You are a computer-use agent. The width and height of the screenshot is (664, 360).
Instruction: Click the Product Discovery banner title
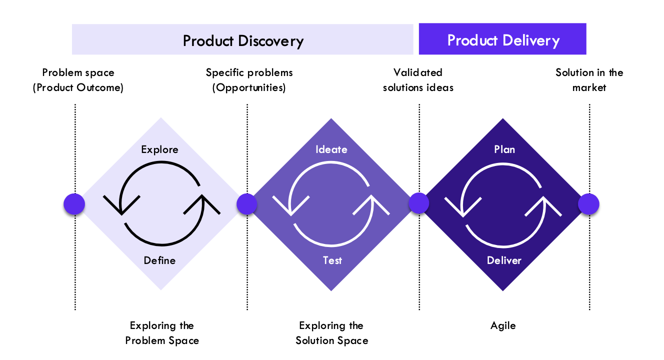[x=243, y=41]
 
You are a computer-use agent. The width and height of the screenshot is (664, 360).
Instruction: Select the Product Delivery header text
[x=503, y=40]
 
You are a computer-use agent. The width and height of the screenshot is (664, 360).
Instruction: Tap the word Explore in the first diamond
[x=159, y=149]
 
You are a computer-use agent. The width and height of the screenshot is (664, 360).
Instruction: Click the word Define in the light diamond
[x=159, y=260]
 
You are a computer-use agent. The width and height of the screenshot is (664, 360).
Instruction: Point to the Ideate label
[x=331, y=149]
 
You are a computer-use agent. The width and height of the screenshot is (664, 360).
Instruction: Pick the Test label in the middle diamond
[x=332, y=260]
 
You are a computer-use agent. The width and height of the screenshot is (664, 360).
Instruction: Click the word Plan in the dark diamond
[x=504, y=149]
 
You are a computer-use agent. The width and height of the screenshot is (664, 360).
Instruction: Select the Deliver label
[x=504, y=260]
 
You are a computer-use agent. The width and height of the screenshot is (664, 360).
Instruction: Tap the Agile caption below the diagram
[x=503, y=325]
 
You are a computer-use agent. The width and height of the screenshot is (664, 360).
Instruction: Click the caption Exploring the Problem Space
[x=162, y=333]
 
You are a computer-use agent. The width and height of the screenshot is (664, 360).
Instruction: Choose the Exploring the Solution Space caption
[x=331, y=333]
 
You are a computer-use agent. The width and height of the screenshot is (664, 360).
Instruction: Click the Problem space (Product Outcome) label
[x=78, y=80]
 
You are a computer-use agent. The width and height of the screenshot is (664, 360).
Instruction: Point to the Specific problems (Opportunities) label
[x=249, y=80]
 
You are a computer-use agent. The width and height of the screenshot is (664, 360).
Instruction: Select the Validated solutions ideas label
[x=418, y=80]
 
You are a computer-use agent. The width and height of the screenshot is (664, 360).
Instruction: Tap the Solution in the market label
[x=589, y=80]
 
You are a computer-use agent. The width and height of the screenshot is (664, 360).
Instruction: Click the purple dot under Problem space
[x=74, y=204]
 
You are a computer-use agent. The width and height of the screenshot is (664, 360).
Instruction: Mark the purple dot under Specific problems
[x=246, y=204]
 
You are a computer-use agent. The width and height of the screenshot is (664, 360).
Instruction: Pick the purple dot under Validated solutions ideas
[x=419, y=203]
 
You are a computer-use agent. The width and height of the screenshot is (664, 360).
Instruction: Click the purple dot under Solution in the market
[x=588, y=204]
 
